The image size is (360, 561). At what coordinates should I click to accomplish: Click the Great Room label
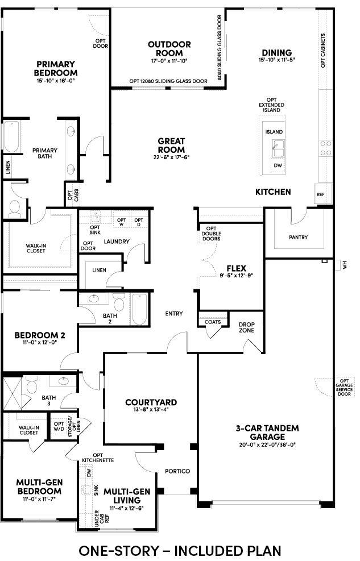(x=171, y=146)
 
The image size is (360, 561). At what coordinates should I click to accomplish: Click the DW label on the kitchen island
(x=278, y=165)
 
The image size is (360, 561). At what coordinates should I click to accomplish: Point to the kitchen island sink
(x=278, y=148)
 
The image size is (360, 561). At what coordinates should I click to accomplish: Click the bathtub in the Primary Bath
(x=11, y=136)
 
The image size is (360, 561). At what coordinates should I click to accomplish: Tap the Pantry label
(x=298, y=237)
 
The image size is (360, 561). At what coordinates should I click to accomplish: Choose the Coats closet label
(x=213, y=322)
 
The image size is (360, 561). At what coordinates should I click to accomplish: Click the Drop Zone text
(x=247, y=327)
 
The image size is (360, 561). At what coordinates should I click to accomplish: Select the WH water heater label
(x=345, y=265)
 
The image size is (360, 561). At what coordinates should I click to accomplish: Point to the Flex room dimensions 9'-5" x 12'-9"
(x=237, y=276)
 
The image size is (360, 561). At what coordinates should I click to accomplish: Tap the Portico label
(x=177, y=471)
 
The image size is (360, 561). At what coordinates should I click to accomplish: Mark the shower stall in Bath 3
(x=13, y=393)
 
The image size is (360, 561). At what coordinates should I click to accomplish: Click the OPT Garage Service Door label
(x=344, y=388)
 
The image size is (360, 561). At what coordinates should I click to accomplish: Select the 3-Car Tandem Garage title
(x=267, y=432)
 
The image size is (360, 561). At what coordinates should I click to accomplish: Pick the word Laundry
(x=117, y=242)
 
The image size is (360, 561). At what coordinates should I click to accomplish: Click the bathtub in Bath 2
(x=139, y=309)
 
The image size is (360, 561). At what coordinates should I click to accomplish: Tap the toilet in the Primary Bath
(x=15, y=209)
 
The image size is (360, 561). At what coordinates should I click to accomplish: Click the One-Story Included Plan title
(x=180, y=550)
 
